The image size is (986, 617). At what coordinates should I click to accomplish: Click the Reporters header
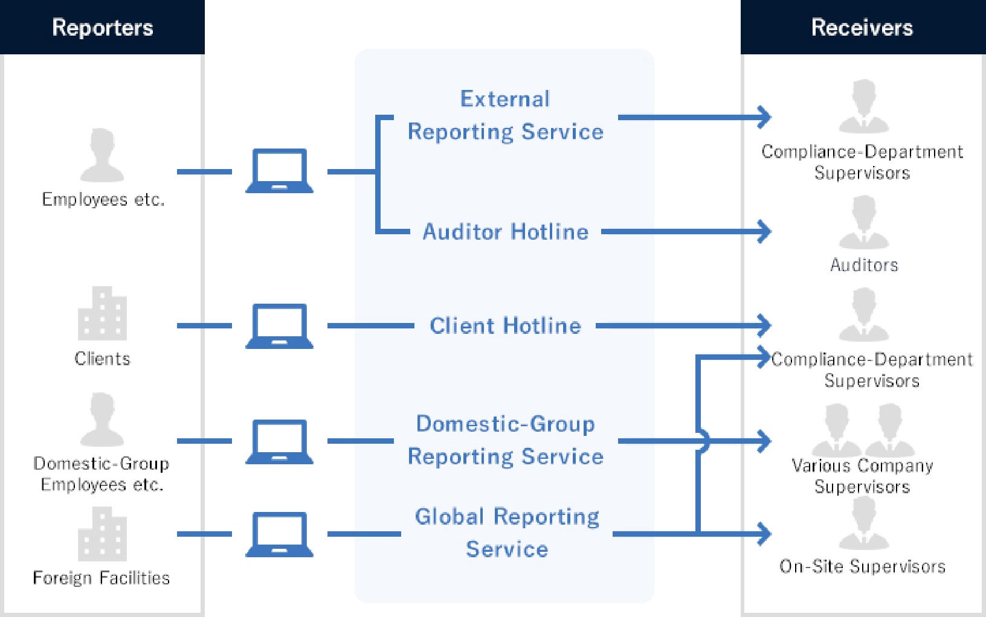pyautogui.click(x=102, y=27)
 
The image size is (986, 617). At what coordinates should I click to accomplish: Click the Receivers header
pyautogui.click(x=862, y=27)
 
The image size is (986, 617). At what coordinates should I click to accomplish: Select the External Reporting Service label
pyautogui.click(x=505, y=115)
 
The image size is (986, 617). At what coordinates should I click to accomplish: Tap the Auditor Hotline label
pyautogui.click(x=505, y=232)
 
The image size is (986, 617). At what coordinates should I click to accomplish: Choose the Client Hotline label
pyautogui.click(x=505, y=326)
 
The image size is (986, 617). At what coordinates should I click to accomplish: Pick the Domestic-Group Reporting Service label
pyautogui.click(x=505, y=440)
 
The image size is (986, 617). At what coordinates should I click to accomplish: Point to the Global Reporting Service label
pyautogui.click(x=507, y=532)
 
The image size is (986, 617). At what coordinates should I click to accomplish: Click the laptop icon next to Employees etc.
pyautogui.click(x=279, y=171)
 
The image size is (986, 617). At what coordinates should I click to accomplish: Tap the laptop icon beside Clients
pyautogui.click(x=279, y=326)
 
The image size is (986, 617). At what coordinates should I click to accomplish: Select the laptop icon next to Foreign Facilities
pyautogui.click(x=279, y=534)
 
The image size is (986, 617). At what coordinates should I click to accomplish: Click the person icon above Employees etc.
pyautogui.click(x=102, y=155)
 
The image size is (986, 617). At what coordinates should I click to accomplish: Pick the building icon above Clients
pyautogui.click(x=102, y=313)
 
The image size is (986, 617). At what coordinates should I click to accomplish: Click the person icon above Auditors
pyautogui.click(x=864, y=222)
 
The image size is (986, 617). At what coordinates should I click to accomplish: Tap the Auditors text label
pyautogui.click(x=864, y=265)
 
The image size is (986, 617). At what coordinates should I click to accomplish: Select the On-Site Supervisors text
pyautogui.click(x=862, y=566)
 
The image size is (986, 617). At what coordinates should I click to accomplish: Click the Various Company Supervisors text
pyautogui.click(x=862, y=476)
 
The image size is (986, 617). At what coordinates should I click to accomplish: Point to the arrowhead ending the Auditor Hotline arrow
pyautogui.click(x=765, y=231)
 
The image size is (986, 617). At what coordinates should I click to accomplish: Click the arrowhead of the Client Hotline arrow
pyautogui.click(x=765, y=325)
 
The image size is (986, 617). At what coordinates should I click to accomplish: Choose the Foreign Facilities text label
pyautogui.click(x=101, y=578)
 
